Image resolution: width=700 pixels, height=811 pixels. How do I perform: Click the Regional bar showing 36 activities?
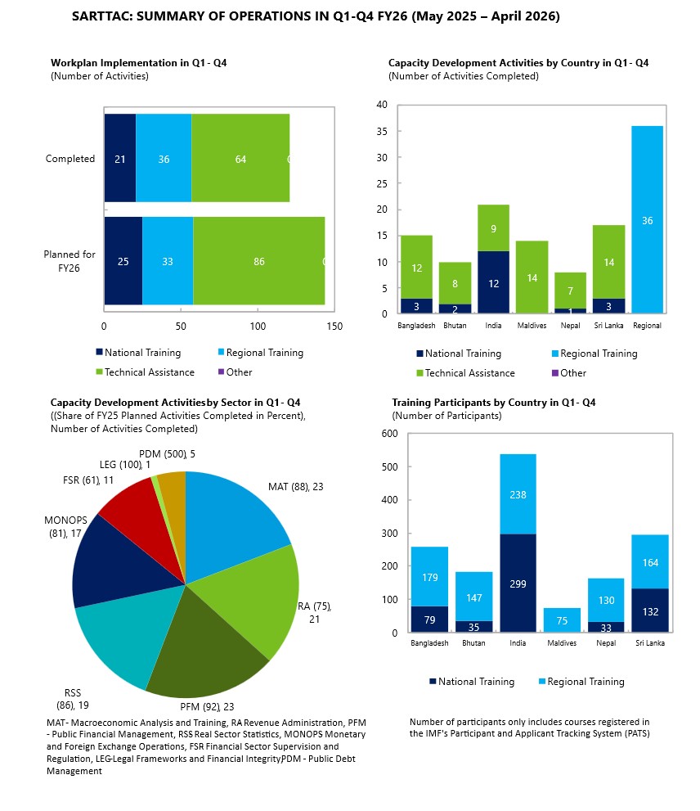(x=647, y=219)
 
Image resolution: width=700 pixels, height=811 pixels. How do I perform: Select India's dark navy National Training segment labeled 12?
(x=493, y=282)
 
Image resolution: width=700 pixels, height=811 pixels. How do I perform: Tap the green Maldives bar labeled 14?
(x=532, y=277)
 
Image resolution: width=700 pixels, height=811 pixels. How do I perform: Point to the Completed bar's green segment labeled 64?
(x=240, y=158)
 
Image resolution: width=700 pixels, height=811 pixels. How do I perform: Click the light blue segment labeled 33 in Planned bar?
(x=168, y=261)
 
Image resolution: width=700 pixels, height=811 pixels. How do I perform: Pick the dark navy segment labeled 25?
(x=123, y=261)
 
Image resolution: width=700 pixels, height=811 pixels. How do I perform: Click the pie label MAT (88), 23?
(x=296, y=487)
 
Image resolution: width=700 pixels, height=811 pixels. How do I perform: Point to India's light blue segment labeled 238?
(x=518, y=494)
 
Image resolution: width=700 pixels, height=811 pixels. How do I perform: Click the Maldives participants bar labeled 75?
(x=562, y=620)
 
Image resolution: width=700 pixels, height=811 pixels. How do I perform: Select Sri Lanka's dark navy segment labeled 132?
(x=650, y=611)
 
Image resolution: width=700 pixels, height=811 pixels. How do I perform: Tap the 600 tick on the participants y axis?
(x=389, y=434)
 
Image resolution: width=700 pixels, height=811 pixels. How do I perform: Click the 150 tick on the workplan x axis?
(x=334, y=327)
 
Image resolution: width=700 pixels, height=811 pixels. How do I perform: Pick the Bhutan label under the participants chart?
(x=473, y=643)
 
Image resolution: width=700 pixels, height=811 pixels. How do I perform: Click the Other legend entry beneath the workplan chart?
(x=236, y=372)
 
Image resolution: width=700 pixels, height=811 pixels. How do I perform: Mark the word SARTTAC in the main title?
(x=101, y=16)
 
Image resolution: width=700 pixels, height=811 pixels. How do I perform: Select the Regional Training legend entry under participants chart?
(x=581, y=682)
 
